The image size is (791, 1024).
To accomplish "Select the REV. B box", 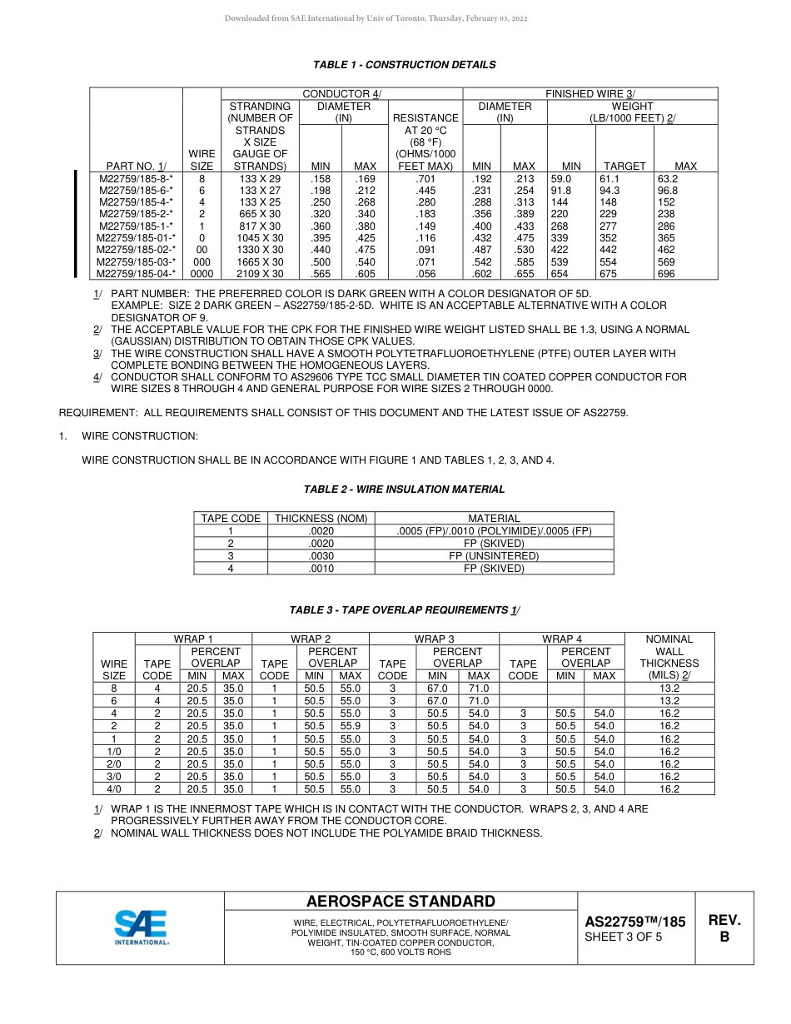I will coord(724,927).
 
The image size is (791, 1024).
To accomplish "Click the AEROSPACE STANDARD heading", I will coord(400,902).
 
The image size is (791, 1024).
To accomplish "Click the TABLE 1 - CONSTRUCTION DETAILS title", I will coord(404,65).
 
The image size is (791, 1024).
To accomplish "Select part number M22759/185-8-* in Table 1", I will coord(137,178).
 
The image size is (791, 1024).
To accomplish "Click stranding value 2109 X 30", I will coord(260,273).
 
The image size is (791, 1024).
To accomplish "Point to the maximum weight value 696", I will coord(666,273).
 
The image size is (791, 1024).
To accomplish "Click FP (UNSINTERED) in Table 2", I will coord(494,556).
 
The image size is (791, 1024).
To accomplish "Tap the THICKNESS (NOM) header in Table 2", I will coord(321,519).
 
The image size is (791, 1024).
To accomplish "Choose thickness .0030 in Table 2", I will coord(321,556).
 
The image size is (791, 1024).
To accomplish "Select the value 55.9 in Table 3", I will coord(350,726).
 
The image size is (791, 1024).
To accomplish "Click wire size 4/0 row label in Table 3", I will coord(114,789).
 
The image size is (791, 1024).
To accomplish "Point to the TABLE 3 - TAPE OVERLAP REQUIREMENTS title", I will coord(404,610).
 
